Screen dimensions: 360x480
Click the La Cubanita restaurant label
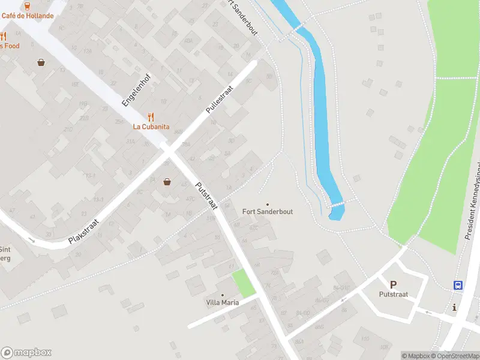151,127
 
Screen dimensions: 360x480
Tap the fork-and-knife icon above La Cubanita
151,117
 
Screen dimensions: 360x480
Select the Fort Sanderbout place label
268,211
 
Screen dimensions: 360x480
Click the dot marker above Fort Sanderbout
268,204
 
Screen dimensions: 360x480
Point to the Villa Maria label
222,302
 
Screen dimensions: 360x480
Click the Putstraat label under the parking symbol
394,294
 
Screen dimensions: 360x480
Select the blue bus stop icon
458,286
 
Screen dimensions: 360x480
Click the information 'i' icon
454,308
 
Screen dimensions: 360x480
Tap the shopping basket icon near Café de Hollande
41,61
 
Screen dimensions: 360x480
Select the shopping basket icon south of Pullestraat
167,182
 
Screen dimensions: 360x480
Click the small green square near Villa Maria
244,283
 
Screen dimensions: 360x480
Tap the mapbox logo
26,353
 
